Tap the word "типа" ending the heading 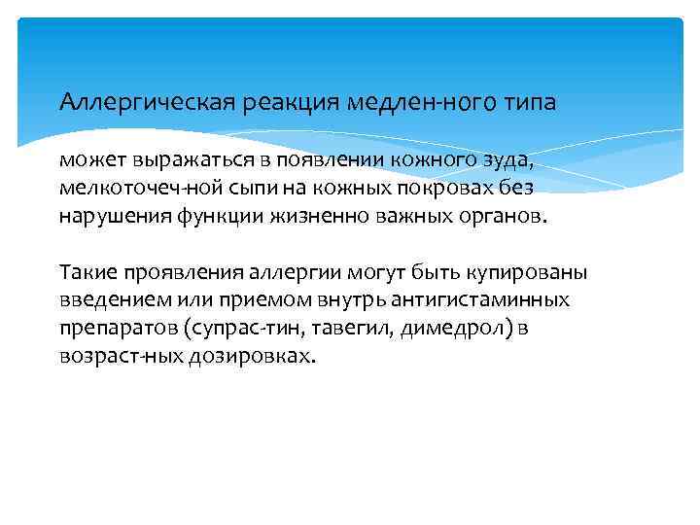pos(529,102)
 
